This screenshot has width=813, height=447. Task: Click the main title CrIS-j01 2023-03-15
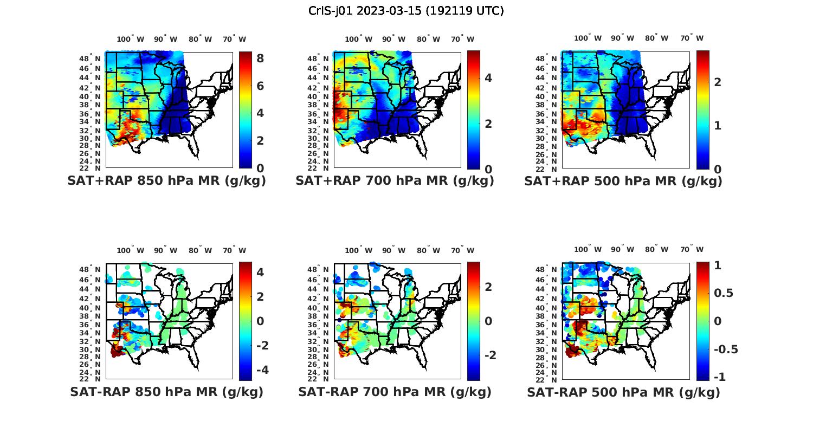(406, 11)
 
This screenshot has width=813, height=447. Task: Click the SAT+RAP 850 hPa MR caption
(166, 181)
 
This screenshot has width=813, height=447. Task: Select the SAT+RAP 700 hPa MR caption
(395, 181)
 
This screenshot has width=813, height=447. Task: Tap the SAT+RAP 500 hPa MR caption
(623, 181)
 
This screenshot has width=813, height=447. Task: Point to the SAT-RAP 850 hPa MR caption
(166, 392)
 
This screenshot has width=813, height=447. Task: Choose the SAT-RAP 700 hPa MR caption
(395, 392)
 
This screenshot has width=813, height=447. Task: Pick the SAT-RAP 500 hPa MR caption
(623, 392)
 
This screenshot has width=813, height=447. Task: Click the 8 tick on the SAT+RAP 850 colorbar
(260, 58)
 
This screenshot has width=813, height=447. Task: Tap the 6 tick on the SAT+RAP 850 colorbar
(260, 86)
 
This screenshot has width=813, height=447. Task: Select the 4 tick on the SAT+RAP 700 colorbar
(488, 77)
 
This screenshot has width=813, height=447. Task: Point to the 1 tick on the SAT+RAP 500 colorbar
(718, 125)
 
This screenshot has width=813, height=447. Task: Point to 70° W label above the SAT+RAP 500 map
(692, 38)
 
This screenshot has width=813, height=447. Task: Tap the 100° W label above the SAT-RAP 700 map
(358, 250)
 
